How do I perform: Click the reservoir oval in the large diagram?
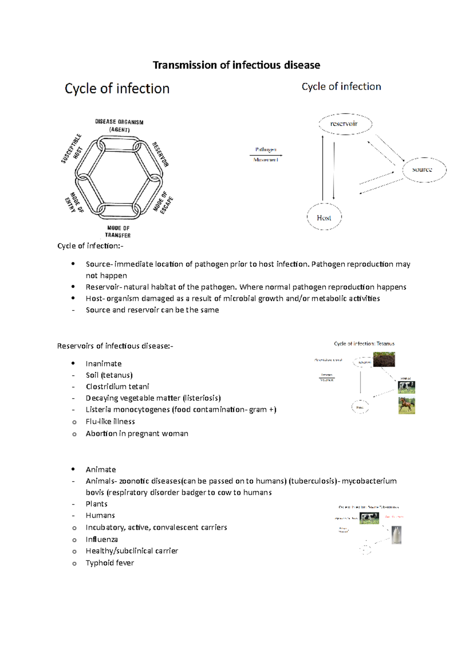coord(345,124)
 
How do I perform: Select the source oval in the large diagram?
coord(424,170)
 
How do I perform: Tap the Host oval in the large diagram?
coord(324,217)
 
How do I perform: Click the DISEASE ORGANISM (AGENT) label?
coord(119,125)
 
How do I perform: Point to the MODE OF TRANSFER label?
coord(118,231)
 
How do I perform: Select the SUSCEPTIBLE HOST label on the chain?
coord(72,149)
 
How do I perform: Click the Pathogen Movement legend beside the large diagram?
coord(266,154)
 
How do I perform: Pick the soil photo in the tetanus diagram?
coord(384,359)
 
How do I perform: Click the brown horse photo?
coord(407,405)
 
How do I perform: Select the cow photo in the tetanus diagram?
coord(406,387)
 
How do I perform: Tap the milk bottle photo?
coord(396,535)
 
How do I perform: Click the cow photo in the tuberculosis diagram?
coord(369,518)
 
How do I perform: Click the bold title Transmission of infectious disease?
coord(236,65)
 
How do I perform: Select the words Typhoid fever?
coord(110,563)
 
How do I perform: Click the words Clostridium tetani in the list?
coord(117,387)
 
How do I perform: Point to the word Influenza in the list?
coord(102,539)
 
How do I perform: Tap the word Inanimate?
coord(104,364)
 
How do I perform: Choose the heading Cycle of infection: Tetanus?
coord(364,344)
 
